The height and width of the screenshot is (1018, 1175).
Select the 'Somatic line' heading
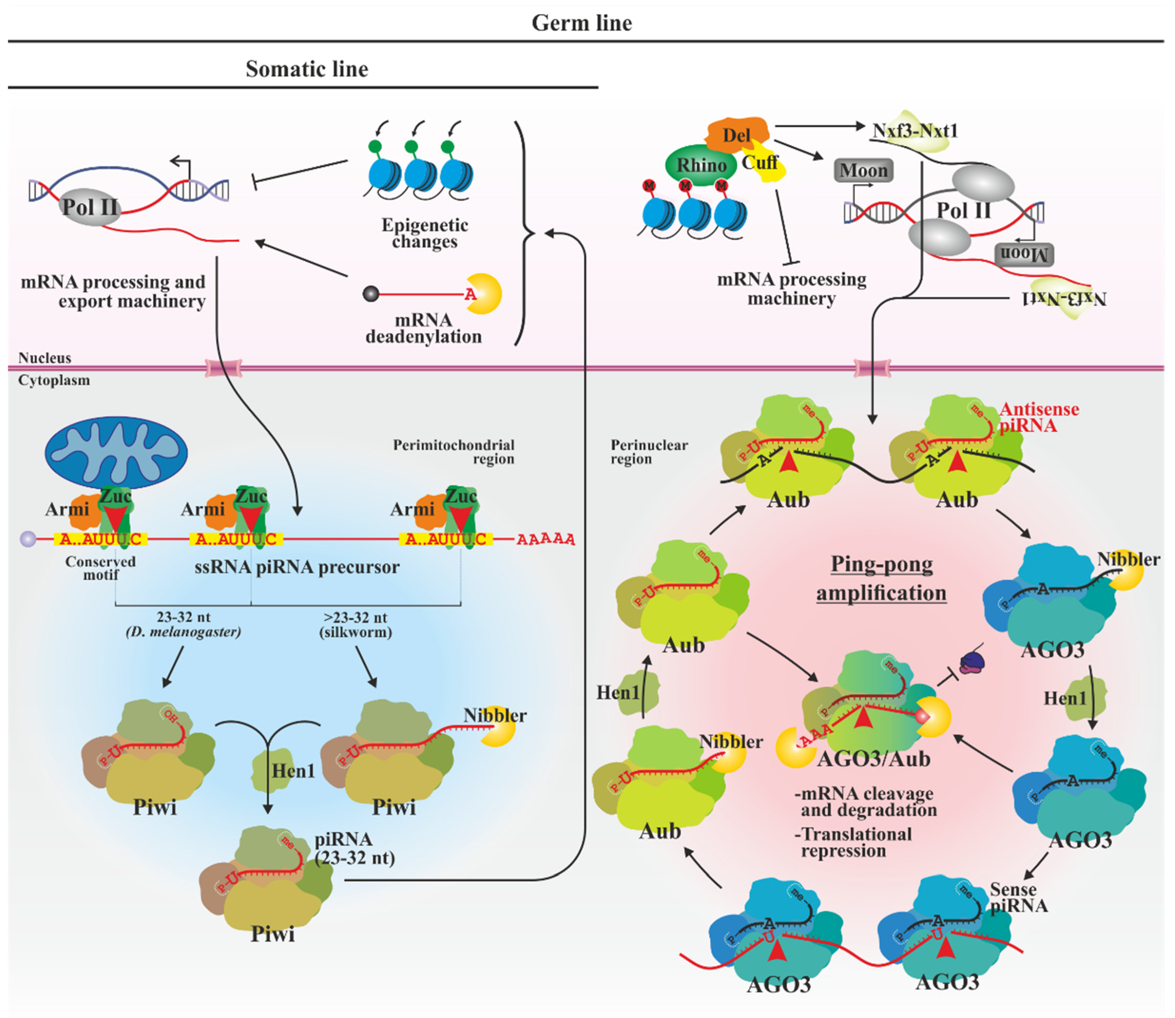click(307, 69)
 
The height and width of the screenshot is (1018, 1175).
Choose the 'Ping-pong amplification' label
click(881, 578)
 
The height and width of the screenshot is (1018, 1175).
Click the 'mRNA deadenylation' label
click(423, 328)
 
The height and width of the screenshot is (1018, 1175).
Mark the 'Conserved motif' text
click(101, 567)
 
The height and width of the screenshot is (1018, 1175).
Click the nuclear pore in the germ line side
click(872, 368)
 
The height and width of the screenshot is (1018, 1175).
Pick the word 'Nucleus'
click(44, 358)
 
